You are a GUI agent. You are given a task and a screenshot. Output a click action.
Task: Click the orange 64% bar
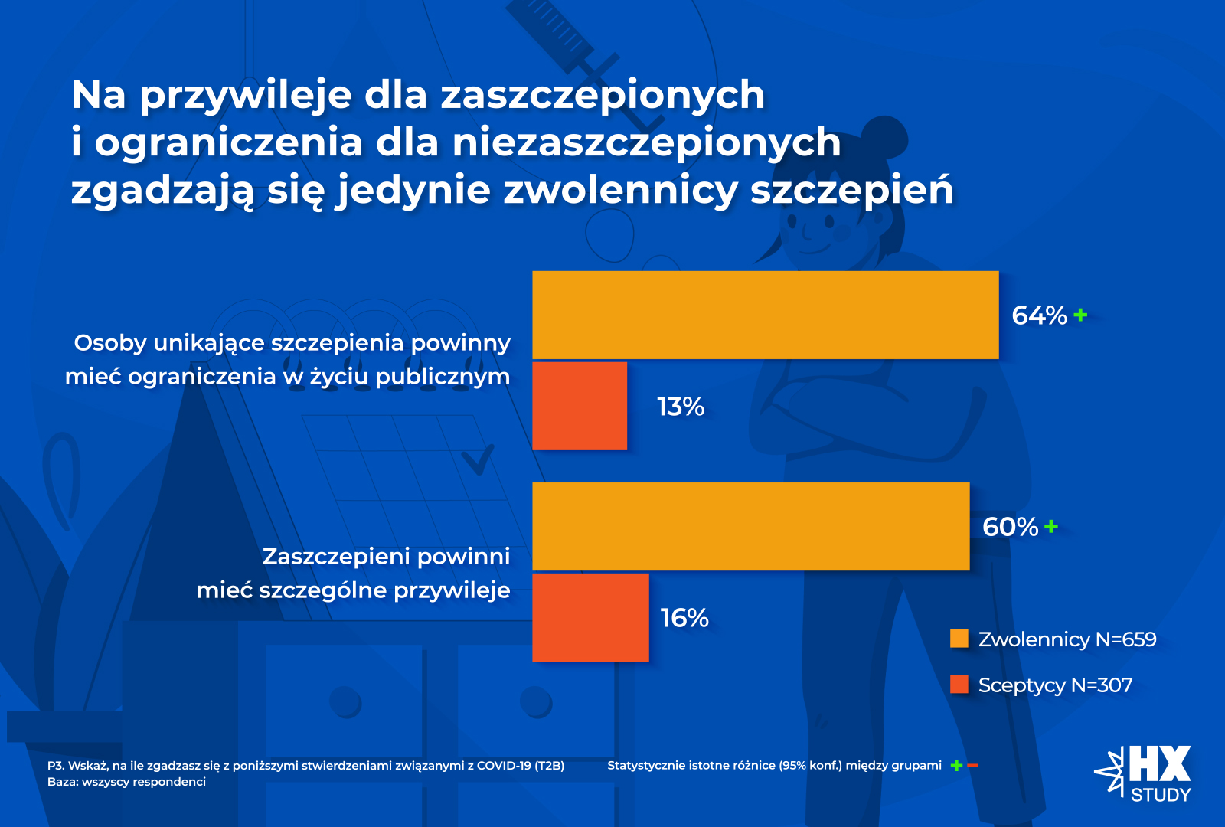coord(766,315)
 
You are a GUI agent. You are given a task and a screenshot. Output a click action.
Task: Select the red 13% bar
coord(580,406)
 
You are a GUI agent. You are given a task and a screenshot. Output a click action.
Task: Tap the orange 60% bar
coord(750,526)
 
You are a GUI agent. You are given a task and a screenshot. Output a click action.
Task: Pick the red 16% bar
coord(590,617)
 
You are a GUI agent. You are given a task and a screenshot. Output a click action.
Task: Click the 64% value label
coord(1039,315)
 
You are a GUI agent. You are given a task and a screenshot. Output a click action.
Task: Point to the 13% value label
coord(681,407)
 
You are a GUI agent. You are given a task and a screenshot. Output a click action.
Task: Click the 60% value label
coord(1010,527)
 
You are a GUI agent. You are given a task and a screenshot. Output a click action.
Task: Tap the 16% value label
coord(684,618)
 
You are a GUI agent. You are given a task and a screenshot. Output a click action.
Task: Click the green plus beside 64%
coord(1080,315)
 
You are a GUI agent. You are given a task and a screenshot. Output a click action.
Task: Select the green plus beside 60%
coord(1051,526)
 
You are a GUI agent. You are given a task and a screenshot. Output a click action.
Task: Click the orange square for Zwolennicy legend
coord(959,639)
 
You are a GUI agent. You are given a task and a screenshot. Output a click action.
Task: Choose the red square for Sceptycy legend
coord(959,685)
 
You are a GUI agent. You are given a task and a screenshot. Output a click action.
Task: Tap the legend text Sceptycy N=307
coord(1055,685)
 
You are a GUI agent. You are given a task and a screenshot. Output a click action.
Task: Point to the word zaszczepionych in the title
coord(603,95)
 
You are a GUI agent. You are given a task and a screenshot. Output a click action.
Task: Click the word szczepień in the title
coord(851,190)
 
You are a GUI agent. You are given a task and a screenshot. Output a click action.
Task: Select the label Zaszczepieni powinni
coord(386,556)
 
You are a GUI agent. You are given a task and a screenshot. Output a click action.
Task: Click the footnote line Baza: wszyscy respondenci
coord(126,782)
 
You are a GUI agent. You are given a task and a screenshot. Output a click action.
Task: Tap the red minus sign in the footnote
coord(973,765)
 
